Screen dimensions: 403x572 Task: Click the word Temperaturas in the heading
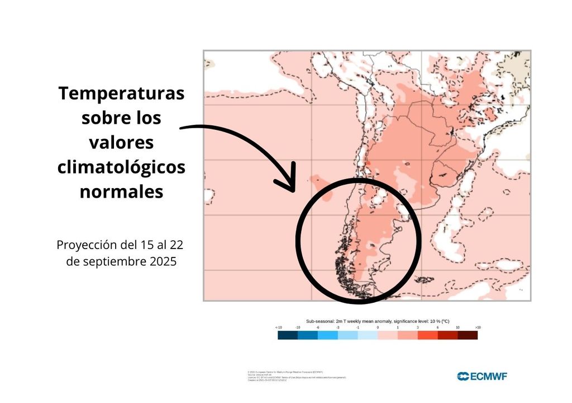click(x=121, y=93)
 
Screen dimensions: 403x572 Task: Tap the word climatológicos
click(x=121, y=167)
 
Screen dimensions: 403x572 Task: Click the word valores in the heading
click(x=121, y=142)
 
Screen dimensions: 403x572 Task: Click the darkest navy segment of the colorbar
click(x=288, y=335)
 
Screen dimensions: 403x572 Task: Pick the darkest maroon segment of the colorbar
click(x=468, y=335)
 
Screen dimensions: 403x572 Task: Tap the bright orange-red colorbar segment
click(x=428, y=335)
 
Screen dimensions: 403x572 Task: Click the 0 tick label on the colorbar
click(x=378, y=327)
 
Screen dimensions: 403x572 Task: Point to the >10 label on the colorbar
click(x=478, y=327)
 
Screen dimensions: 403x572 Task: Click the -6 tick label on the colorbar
click(x=318, y=327)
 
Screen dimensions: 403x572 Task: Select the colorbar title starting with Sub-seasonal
click(x=378, y=321)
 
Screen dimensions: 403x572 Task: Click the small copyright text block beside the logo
click(x=296, y=376)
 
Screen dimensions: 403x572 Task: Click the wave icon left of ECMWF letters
click(x=463, y=376)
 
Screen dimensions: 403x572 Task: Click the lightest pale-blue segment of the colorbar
click(x=368, y=335)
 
